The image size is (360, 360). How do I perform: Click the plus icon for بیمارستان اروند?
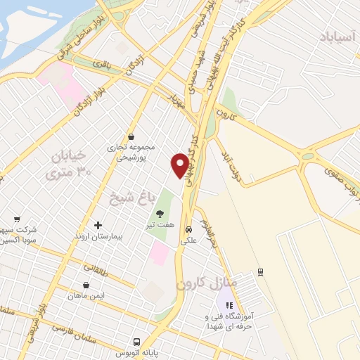[98, 225]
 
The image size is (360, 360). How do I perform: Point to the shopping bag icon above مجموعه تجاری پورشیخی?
[131, 136]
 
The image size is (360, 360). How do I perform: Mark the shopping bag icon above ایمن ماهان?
[86, 285]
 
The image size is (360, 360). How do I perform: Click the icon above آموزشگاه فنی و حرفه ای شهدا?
[229, 304]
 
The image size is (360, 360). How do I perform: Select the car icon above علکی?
[188, 229]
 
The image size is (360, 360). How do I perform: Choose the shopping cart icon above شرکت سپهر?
[17, 218]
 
